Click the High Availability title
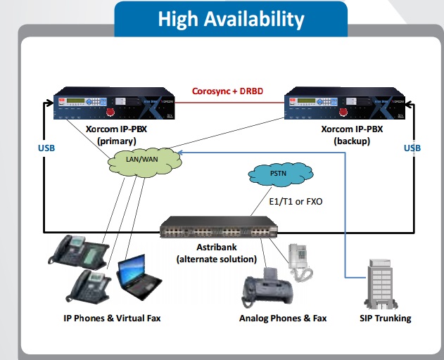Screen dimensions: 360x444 point(231,19)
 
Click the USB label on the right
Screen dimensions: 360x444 point(412,148)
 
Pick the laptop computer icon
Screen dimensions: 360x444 point(139,276)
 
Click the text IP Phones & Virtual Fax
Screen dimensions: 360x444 point(112,319)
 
